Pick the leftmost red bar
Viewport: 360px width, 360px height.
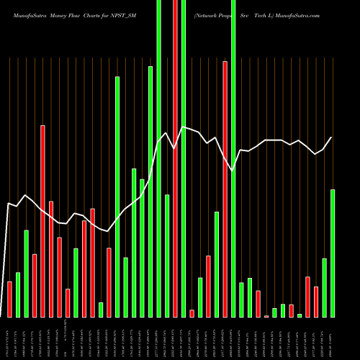pos(9,299)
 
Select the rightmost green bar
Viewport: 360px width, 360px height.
pos(333,253)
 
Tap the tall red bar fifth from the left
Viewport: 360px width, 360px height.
pos(42,221)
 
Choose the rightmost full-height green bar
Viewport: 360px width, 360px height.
pos(233,158)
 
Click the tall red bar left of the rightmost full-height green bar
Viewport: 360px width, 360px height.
pos(225,189)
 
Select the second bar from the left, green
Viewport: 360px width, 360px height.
pos(18,294)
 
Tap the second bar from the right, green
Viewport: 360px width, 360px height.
pos(324,287)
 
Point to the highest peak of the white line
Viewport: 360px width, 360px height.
pos(184,127)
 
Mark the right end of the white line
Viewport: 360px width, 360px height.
pos(332,138)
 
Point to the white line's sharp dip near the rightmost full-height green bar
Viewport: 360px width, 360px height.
pos(233,171)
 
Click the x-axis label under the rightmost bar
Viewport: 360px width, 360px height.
pos(333,338)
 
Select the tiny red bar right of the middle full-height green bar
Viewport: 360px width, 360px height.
pos(192,313)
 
